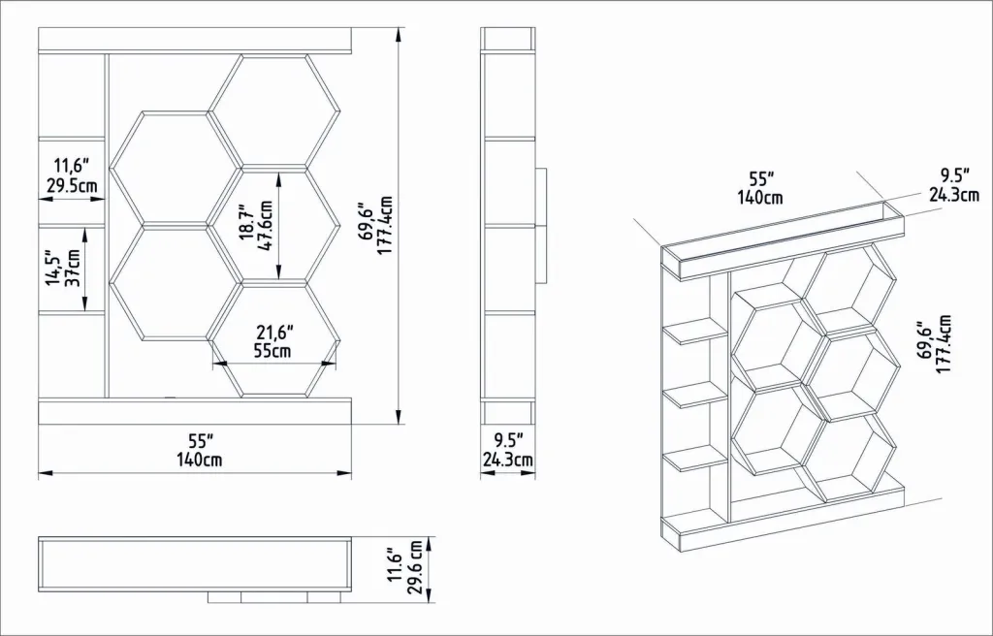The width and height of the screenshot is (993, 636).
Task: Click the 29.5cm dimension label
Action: click(72, 187)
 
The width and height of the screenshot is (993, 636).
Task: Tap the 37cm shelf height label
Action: click(73, 268)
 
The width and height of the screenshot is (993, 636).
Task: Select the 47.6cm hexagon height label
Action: click(266, 226)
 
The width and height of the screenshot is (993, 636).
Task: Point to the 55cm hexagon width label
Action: click(272, 351)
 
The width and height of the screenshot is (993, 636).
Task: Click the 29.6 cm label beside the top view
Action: click(415, 567)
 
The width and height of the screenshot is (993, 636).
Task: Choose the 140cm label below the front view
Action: click(199, 460)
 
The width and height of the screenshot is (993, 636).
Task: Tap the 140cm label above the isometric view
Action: click(760, 198)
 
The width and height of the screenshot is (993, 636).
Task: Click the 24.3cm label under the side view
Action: click(508, 460)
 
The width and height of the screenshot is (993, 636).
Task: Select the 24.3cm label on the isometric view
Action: click(954, 195)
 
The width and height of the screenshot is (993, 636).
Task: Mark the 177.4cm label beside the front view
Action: click(385, 226)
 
